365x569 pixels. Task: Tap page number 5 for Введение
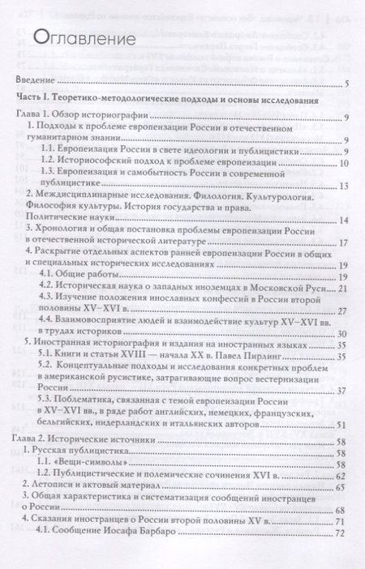pyautogui.click(x=346, y=83)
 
